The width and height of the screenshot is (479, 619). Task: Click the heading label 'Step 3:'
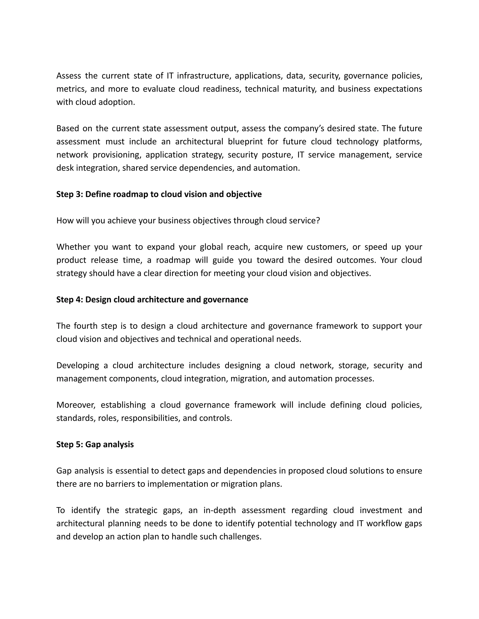click(69, 194)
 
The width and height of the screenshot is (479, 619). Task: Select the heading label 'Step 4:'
click(69, 300)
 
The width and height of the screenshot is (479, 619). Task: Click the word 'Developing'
click(77, 365)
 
